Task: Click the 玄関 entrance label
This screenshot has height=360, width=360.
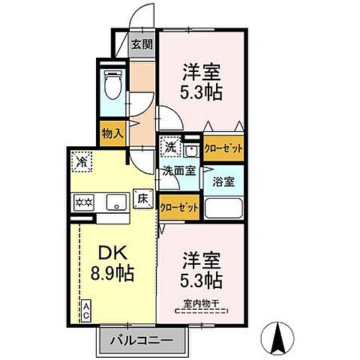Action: [x=141, y=43]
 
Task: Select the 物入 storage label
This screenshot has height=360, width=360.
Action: [x=112, y=133]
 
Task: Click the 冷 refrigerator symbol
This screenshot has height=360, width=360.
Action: [x=82, y=160]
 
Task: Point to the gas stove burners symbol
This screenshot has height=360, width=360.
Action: [x=82, y=201]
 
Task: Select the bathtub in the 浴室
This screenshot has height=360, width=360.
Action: [x=223, y=208]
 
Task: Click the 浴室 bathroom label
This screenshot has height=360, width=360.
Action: [x=223, y=181]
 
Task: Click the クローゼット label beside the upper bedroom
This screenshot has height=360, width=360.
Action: [x=224, y=148]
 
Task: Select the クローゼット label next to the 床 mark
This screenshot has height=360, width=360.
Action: [x=179, y=206]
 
